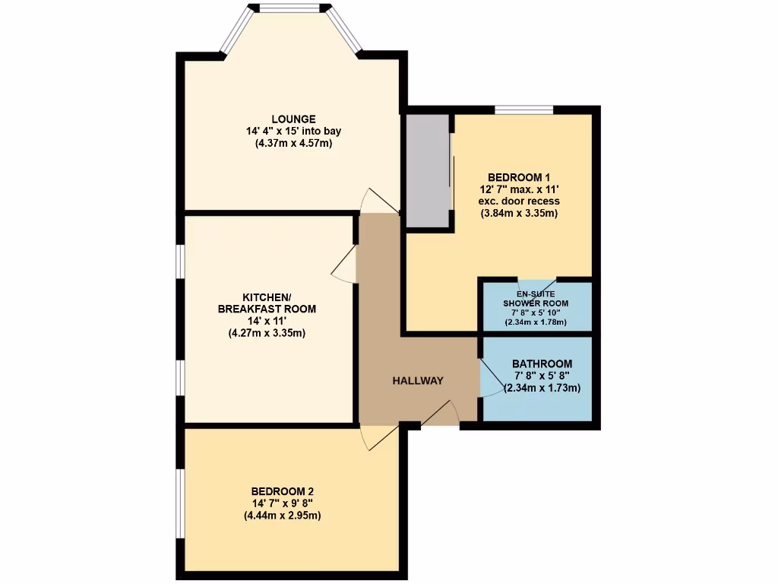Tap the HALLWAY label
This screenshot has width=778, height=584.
417,380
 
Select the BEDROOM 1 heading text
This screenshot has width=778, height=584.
519,177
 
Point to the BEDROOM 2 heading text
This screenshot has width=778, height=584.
282,490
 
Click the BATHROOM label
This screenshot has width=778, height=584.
542,363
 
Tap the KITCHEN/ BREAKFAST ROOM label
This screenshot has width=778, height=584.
267,303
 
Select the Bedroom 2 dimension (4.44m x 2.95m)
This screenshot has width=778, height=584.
282,516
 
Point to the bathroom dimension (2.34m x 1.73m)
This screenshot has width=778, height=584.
542,388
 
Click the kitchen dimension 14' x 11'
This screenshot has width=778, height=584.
267,322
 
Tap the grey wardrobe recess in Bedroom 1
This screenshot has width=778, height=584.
429,171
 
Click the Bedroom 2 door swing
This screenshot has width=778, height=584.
378,437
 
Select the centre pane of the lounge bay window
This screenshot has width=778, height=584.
288,8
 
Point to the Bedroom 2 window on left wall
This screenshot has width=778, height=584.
180,503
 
